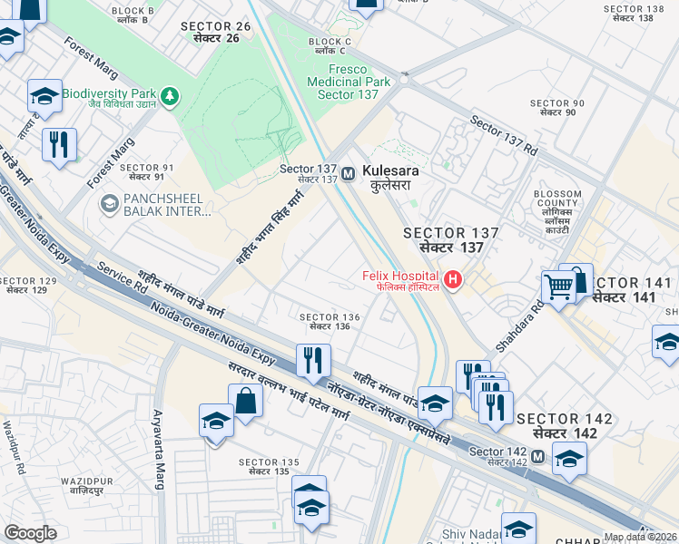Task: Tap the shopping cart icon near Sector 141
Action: (x=559, y=288)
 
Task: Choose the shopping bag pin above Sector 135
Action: (x=246, y=400)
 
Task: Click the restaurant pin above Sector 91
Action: (x=59, y=143)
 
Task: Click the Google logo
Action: (x=30, y=533)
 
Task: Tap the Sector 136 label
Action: (x=330, y=321)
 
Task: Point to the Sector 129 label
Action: (x=30, y=286)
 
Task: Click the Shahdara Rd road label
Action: (x=520, y=327)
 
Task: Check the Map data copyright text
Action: (x=641, y=537)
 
